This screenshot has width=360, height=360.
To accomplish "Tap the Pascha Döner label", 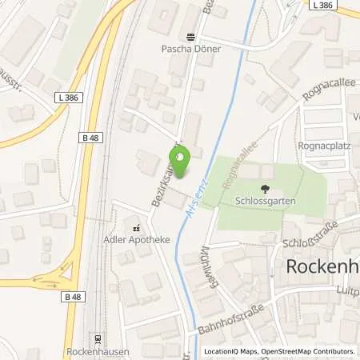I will coord(190,48).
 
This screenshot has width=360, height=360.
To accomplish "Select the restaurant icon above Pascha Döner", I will coord(190,36).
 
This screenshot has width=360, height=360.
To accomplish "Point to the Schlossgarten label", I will coord(265,201).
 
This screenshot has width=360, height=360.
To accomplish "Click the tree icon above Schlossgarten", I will coord(265,189).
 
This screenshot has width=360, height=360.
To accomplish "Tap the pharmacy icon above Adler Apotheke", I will coord(135,226).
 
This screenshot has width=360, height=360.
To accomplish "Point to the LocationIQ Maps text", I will coord(230,351).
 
